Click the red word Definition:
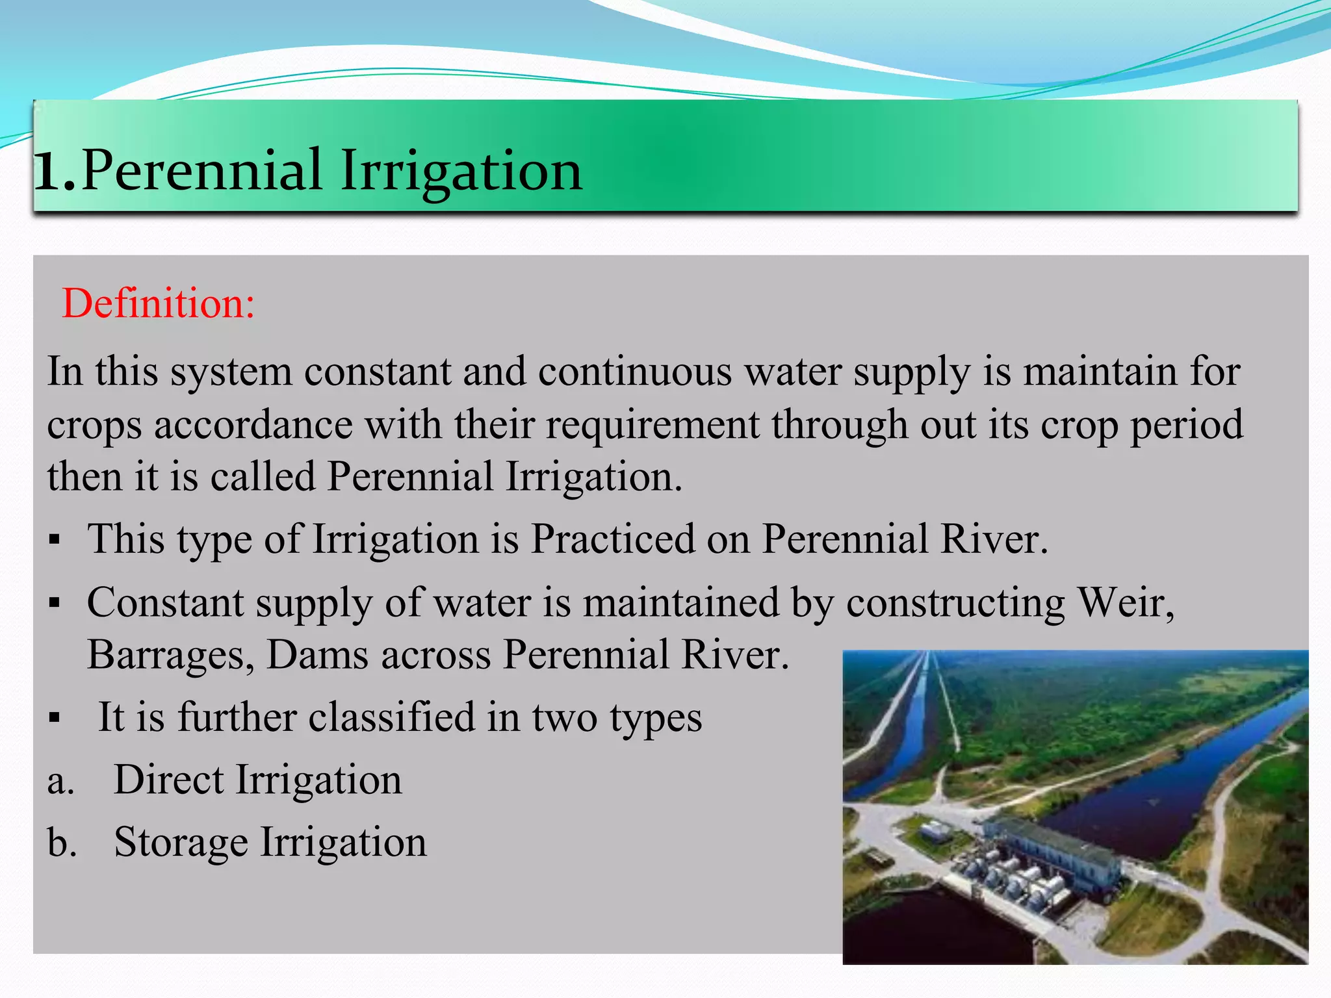click(x=158, y=303)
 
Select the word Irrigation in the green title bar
click(x=461, y=170)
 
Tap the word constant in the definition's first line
click(x=378, y=372)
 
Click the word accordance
click(x=253, y=425)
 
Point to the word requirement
click(x=653, y=425)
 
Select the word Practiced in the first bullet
click(x=612, y=539)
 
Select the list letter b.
click(x=62, y=843)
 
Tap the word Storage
click(x=181, y=843)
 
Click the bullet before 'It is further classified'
click(x=55, y=719)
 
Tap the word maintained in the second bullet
click(x=680, y=602)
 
